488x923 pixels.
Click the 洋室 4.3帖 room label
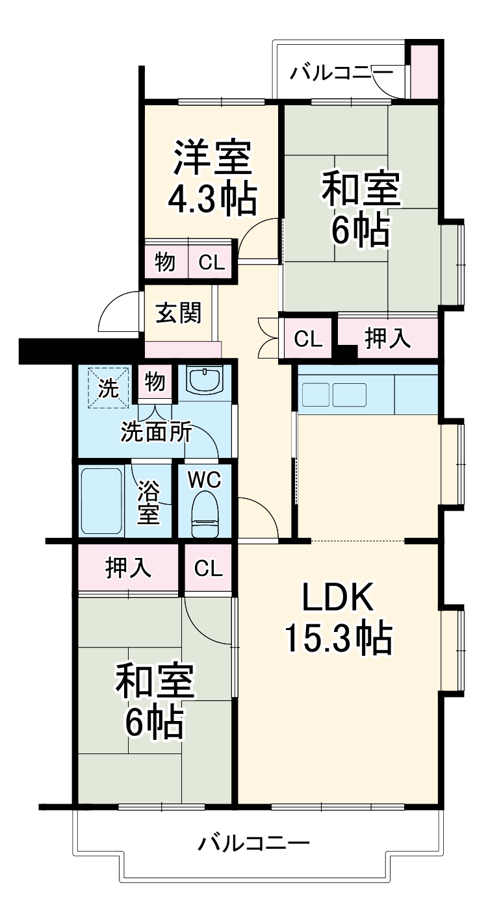tap(212, 178)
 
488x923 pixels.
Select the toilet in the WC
tap(205, 514)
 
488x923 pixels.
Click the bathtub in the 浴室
tap(101, 501)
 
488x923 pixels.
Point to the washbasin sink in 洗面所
tap(205, 379)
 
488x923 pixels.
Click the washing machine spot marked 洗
tap(109, 388)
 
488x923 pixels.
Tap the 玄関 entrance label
tap(178, 313)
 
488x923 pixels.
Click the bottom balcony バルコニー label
tap(253, 845)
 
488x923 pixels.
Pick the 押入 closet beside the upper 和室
tap(387, 338)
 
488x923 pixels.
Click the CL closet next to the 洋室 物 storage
tap(211, 262)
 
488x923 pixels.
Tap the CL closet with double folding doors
tap(307, 338)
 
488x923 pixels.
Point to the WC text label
tap(205, 480)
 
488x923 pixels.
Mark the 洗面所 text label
tap(156, 433)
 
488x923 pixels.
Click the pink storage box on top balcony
tap(423, 70)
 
